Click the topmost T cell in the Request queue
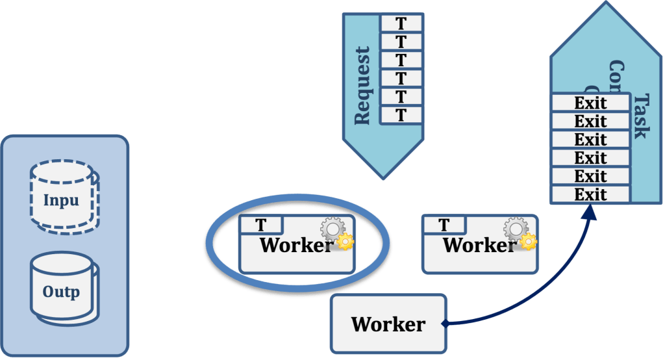click(401, 23)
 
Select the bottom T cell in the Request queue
click(401, 115)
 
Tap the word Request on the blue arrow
click(362, 85)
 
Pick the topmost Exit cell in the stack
click(590, 103)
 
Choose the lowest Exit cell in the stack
click(590, 194)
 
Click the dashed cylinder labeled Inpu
click(61, 199)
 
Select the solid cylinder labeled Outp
click(61, 292)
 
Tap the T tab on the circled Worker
click(261, 225)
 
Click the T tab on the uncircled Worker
click(444, 225)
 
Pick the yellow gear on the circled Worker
click(345, 242)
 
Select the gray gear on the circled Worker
click(332, 229)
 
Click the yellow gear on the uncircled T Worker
click(529, 242)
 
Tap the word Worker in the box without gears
click(388, 324)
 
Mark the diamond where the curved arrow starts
click(444, 323)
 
